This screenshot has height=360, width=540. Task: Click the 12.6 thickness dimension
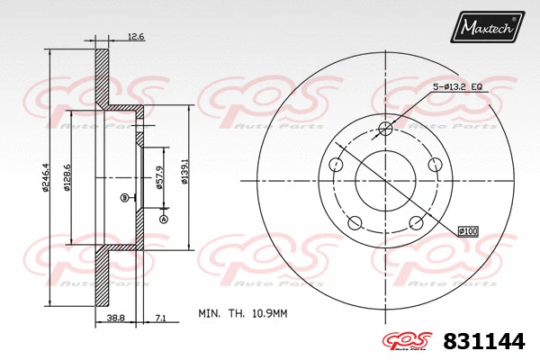[x=136, y=37]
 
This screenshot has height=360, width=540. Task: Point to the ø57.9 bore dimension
[x=159, y=178]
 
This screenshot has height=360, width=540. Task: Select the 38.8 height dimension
[x=114, y=318]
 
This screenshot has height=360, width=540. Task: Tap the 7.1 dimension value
[x=160, y=318]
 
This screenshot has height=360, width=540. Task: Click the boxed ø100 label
[x=468, y=231]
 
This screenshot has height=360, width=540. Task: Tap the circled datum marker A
[x=164, y=218]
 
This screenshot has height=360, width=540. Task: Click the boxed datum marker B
[x=124, y=197]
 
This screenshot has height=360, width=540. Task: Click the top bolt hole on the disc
[x=386, y=127]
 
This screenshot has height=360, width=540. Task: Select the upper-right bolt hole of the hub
[x=436, y=164]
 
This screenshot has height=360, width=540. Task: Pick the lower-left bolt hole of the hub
[x=355, y=223]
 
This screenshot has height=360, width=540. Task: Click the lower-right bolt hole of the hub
[x=417, y=223]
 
